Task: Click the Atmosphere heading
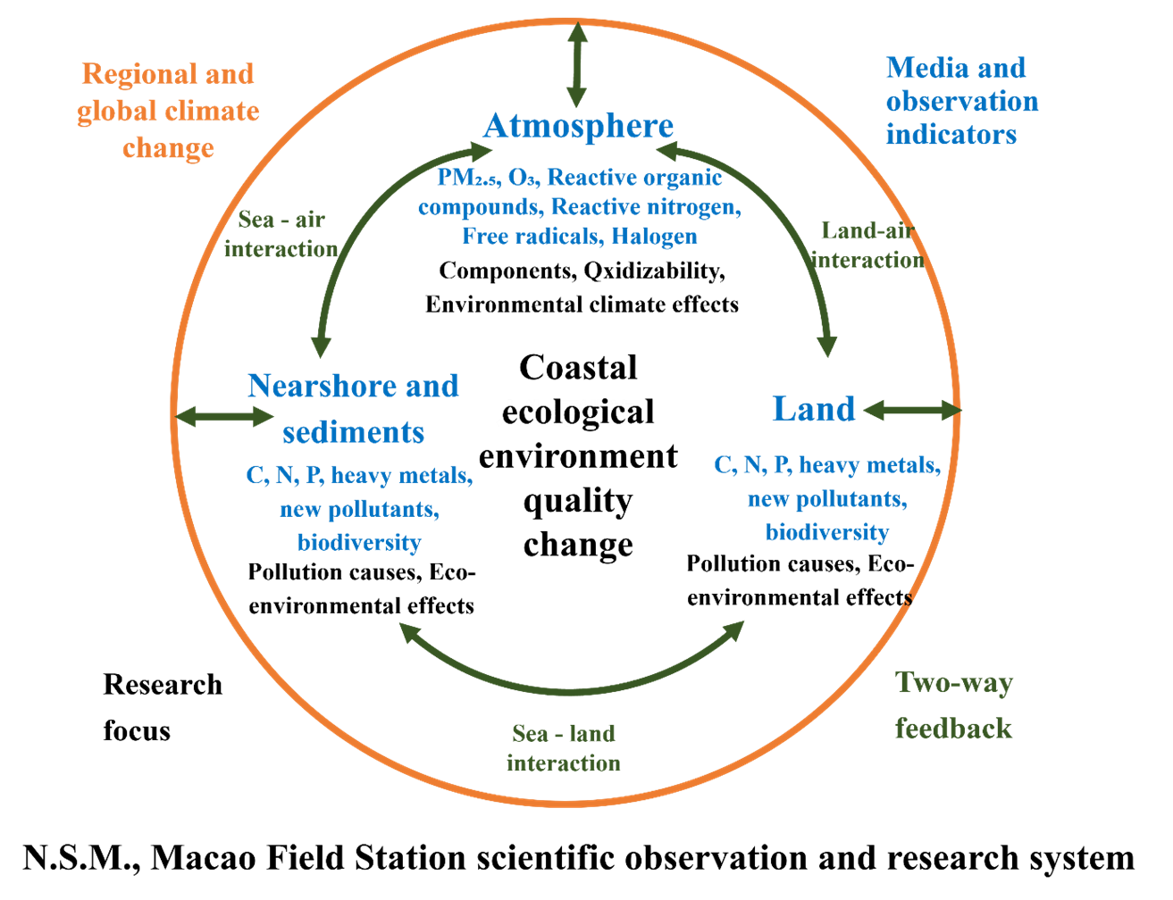(x=578, y=126)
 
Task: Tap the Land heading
(x=813, y=409)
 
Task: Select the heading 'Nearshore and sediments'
(x=353, y=409)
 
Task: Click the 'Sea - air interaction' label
(x=281, y=235)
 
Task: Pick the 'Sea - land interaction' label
(x=564, y=748)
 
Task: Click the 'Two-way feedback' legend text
(x=954, y=705)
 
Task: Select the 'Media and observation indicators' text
(x=961, y=101)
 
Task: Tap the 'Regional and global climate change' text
(x=168, y=110)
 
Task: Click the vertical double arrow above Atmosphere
(x=577, y=65)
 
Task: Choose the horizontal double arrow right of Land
(x=911, y=410)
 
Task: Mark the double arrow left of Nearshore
(x=225, y=416)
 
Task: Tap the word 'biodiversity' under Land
(x=827, y=532)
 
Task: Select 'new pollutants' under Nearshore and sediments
(x=359, y=509)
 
